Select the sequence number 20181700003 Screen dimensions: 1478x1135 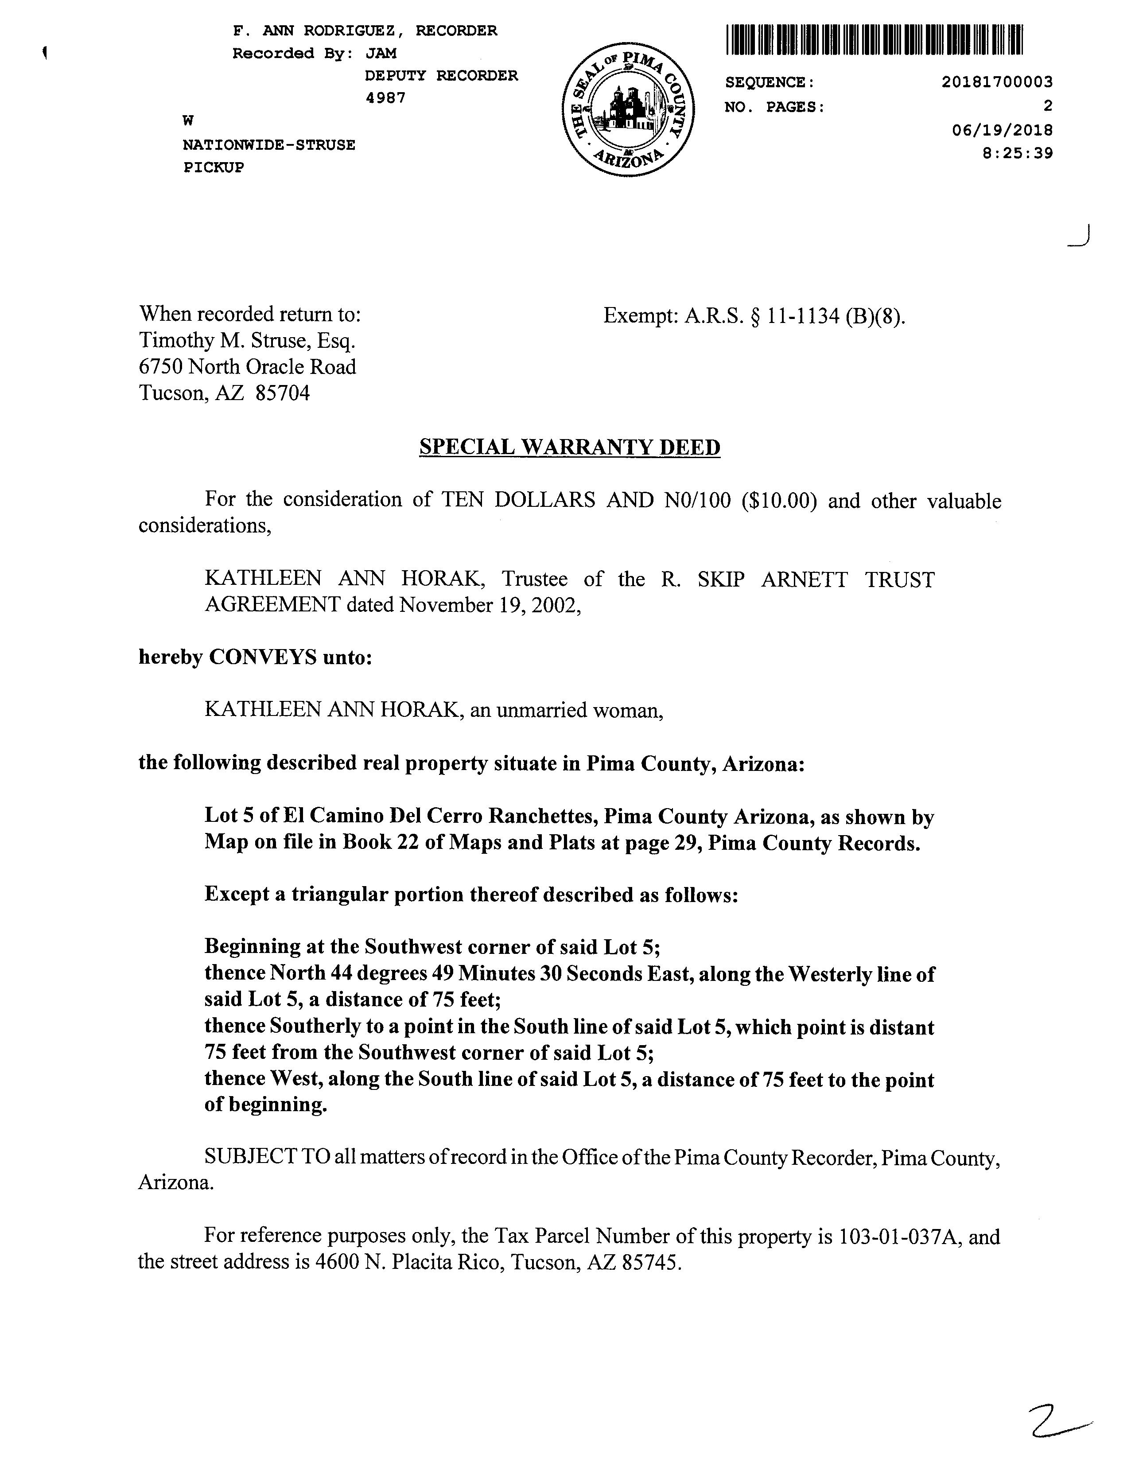(996, 82)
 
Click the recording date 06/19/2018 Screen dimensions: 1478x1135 (1002, 130)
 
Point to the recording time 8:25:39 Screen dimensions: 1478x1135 (1018, 153)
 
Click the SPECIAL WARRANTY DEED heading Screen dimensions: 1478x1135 (570, 447)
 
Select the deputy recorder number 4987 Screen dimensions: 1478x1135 (385, 98)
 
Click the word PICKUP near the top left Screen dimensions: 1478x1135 (214, 167)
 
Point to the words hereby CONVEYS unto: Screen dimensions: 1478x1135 (255, 657)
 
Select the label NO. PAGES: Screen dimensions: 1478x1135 (774, 107)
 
